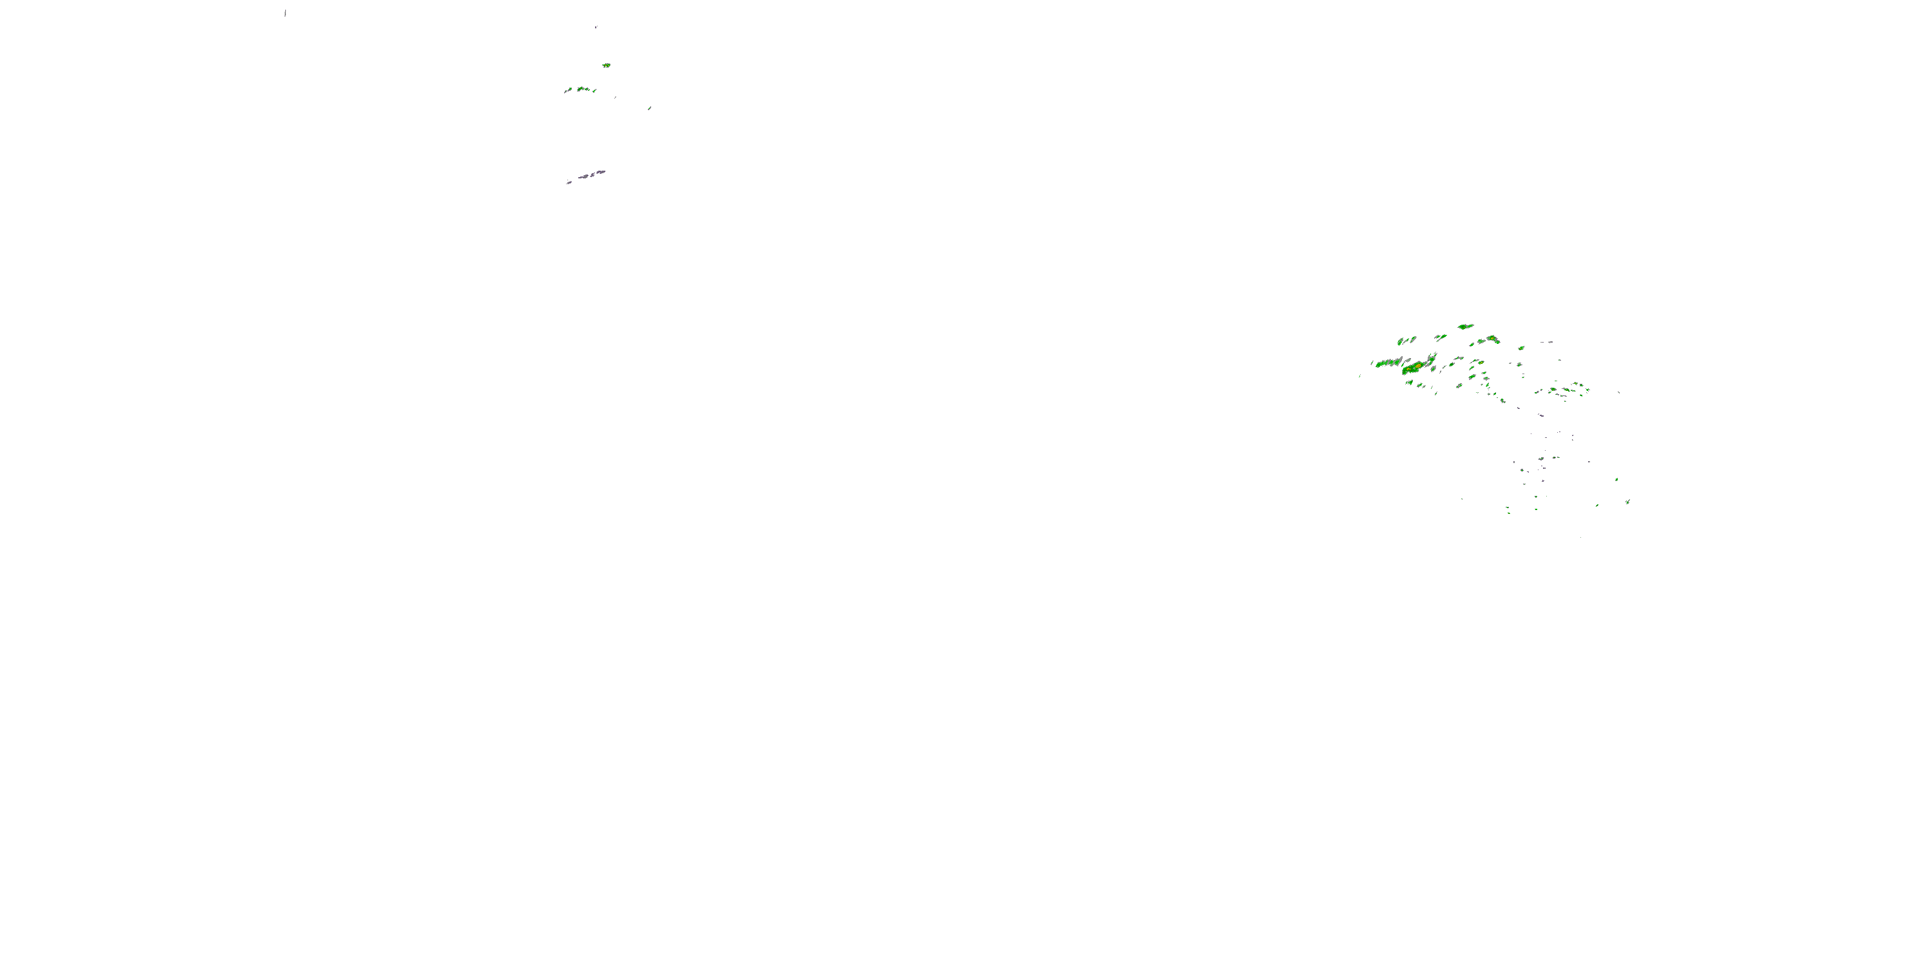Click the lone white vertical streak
click(x=285, y=13)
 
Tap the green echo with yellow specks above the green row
click(x=606, y=65)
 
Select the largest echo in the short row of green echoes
click(x=582, y=90)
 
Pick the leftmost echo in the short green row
click(x=568, y=91)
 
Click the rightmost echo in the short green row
click(x=594, y=91)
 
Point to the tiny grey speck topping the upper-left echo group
click(x=596, y=27)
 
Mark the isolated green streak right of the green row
click(x=650, y=108)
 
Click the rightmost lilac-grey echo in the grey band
click(x=601, y=172)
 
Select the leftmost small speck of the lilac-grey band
click(x=569, y=182)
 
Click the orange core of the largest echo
click(x=1417, y=366)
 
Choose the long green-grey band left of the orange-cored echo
click(x=1388, y=364)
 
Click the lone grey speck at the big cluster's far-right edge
click(x=1618, y=392)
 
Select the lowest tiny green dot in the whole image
click(x=1580, y=537)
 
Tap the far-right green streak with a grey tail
click(x=1627, y=501)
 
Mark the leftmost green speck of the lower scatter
click(x=1461, y=498)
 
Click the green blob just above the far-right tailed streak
click(x=1616, y=479)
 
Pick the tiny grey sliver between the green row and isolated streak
click(x=616, y=97)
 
